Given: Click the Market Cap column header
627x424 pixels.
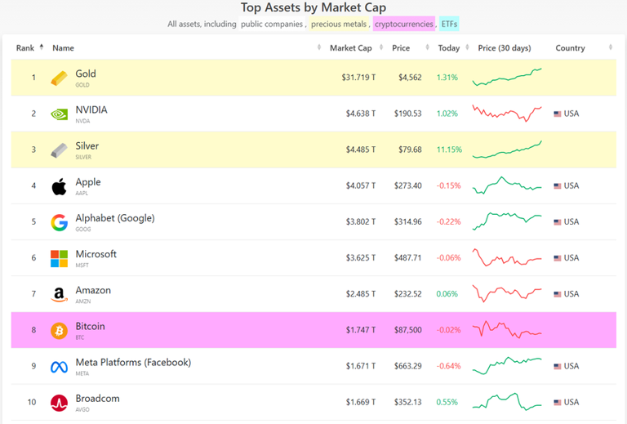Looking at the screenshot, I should pyautogui.click(x=352, y=48).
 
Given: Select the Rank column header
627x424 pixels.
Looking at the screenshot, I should pyautogui.click(x=25, y=48).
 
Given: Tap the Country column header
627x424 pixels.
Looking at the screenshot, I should pyautogui.click(x=570, y=48).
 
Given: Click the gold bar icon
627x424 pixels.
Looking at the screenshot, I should pyautogui.click(x=59, y=78).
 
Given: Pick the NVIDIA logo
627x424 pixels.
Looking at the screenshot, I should pyautogui.click(x=59, y=114).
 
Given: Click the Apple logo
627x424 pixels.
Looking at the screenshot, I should pyautogui.click(x=59, y=186).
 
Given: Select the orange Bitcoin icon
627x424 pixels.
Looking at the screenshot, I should pyautogui.click(x=59, y=330).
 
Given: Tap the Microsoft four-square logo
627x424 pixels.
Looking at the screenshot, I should pyautogui.click(x=59, y=258).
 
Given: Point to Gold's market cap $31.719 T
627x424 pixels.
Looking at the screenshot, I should pyautogui.click(x=358, y=78).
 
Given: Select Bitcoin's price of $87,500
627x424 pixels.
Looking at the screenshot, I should pyautogui.click(x=406, y=330).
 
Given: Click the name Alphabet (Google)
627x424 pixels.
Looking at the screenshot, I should pyautogui.click(x=114, y=218).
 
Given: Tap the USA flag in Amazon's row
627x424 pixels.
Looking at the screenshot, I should pyautogui.click(x=558, y=294).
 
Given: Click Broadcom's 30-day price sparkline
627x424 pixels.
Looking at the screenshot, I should pyautogui.click(x=506, y=402).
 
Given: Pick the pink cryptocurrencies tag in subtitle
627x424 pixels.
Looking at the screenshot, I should pyautogui.click(x=404, y=24).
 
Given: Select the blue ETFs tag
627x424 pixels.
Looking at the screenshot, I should pyautogui.click(x=449, y=24).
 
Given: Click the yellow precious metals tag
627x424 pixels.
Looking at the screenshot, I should pyautogui.click(x=339, y=24).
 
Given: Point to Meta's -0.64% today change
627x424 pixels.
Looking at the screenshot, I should pyautogui.click(x=448, y=366).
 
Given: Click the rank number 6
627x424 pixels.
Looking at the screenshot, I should pyautogui.click(x=33, y=258).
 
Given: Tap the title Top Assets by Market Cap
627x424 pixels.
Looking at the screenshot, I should pyautogui.click(x=313, y=7).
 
